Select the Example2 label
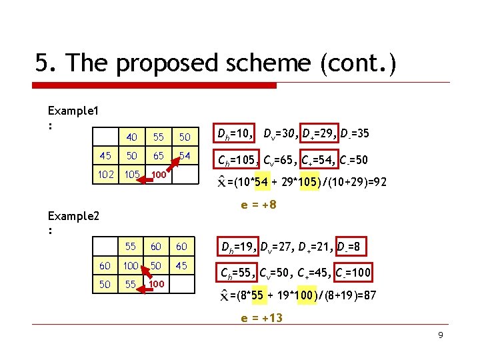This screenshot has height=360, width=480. (73, 217)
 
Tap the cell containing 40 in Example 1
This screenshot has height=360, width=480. (132, 137)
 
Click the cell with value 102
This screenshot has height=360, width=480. (105, 175)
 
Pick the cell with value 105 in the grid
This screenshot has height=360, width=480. (132, 175)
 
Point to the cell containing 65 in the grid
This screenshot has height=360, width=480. (158, 155)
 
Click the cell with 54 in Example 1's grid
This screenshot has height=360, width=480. (185, 155)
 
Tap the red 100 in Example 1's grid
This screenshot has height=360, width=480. (158, 175)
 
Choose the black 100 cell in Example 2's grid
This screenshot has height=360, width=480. (131, 266)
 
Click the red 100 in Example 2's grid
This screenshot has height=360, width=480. (157, 285)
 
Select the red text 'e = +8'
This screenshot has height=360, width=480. (259, 205)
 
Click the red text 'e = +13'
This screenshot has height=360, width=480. (261, 318)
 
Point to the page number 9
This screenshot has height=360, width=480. (441, 335)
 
